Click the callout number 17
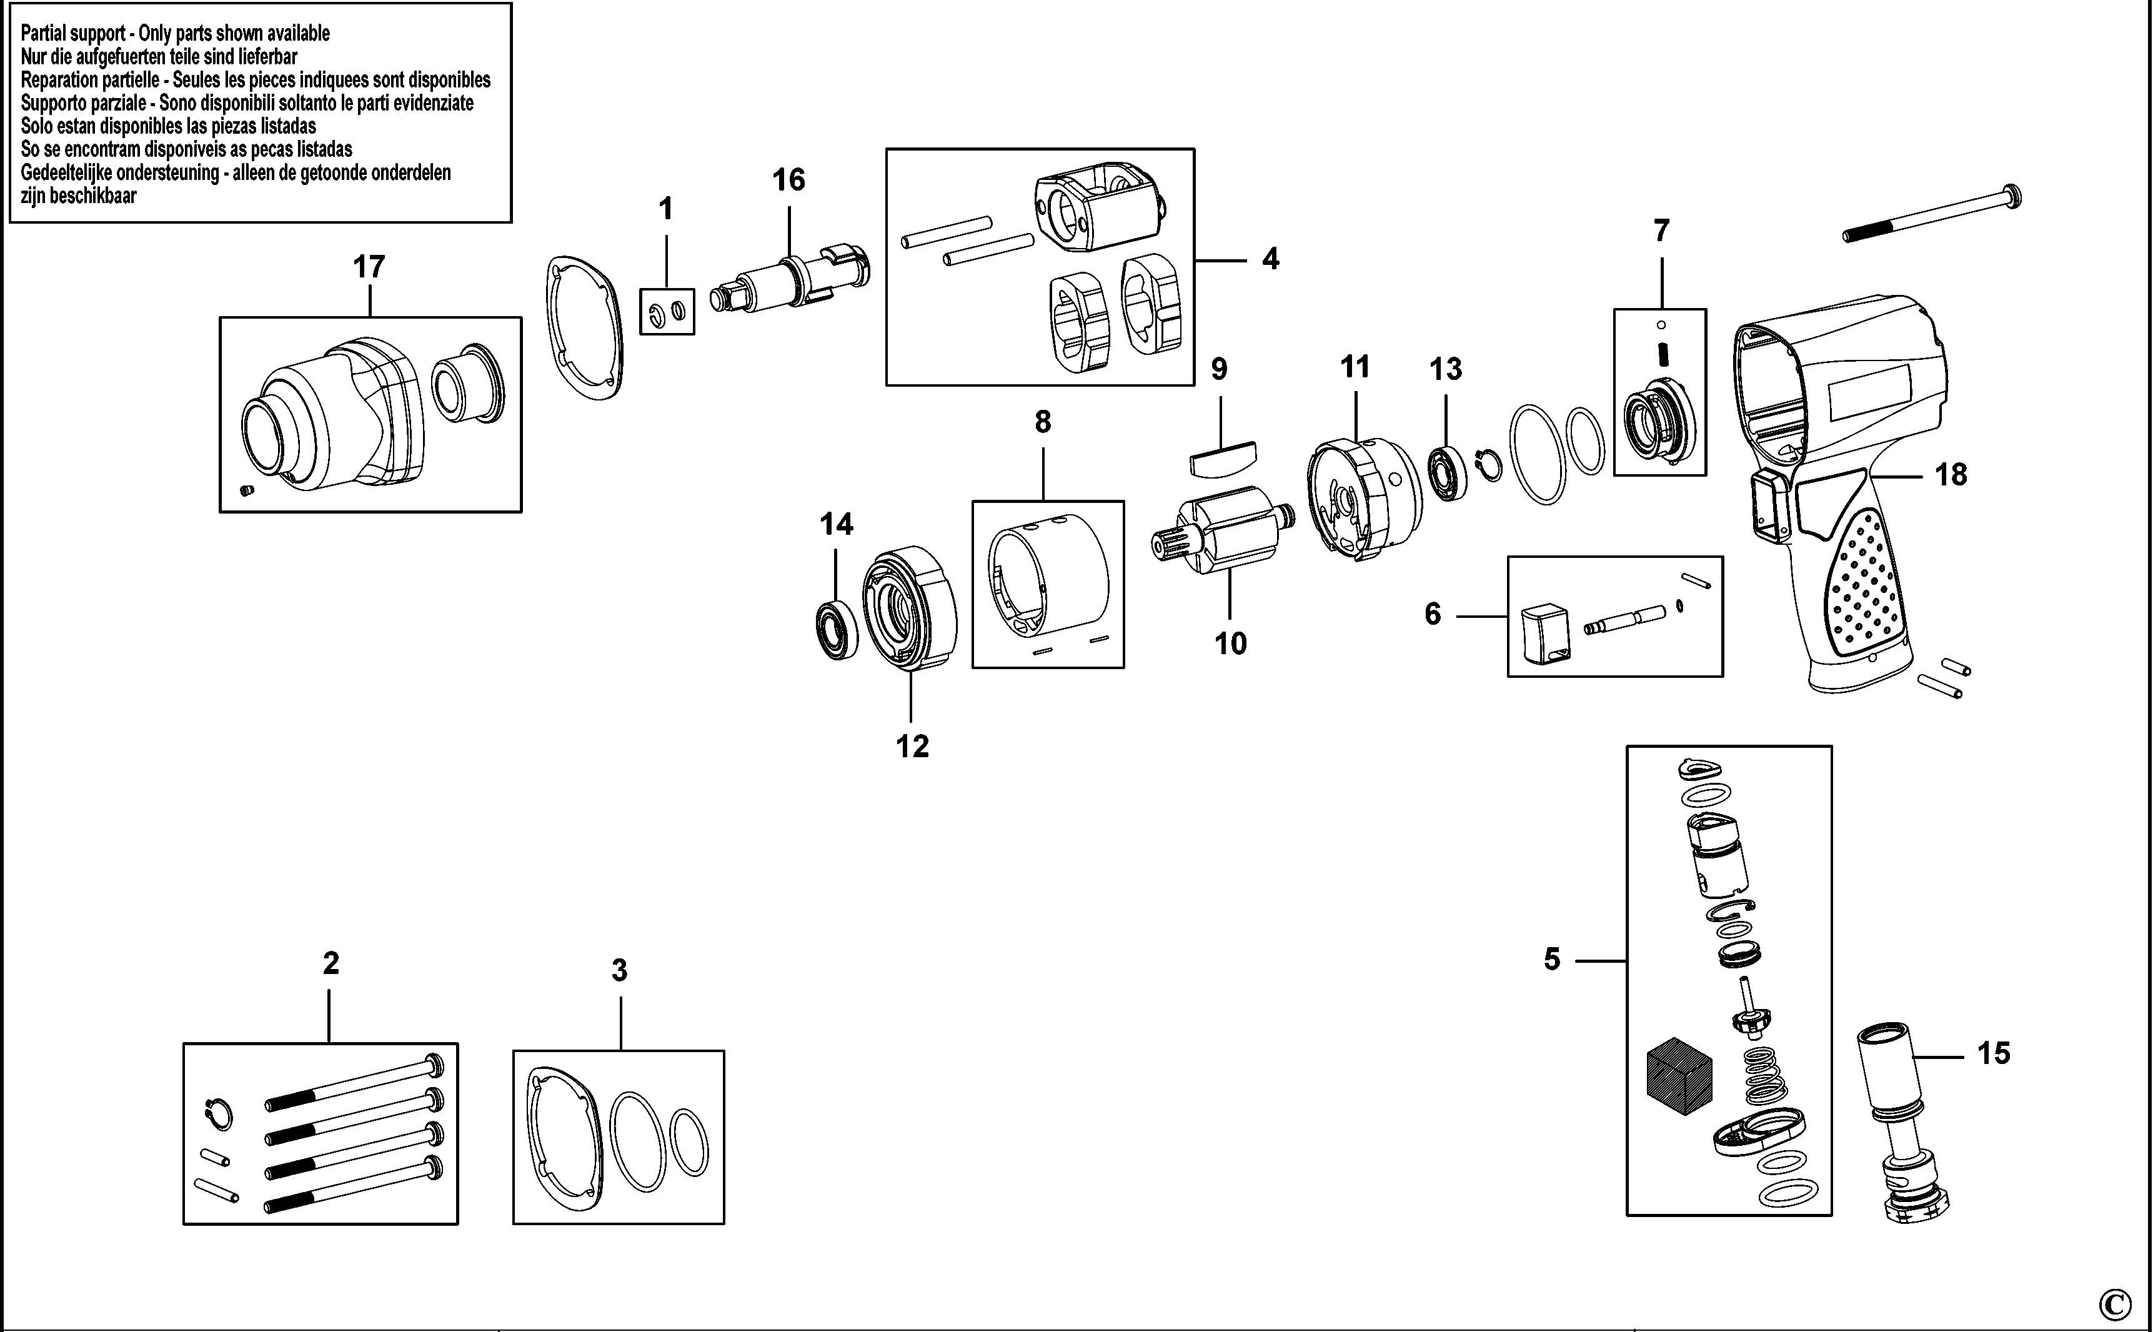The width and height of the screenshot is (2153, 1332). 369,266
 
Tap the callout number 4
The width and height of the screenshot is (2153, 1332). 1270,259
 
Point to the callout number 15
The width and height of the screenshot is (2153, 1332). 1994,1053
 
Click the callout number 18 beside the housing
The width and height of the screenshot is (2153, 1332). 1951,475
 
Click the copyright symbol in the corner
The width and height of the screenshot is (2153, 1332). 2114,1302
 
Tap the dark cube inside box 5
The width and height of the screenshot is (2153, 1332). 1679,1075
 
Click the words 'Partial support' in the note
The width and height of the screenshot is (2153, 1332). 73,34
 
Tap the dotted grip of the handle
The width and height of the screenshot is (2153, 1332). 1864,588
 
